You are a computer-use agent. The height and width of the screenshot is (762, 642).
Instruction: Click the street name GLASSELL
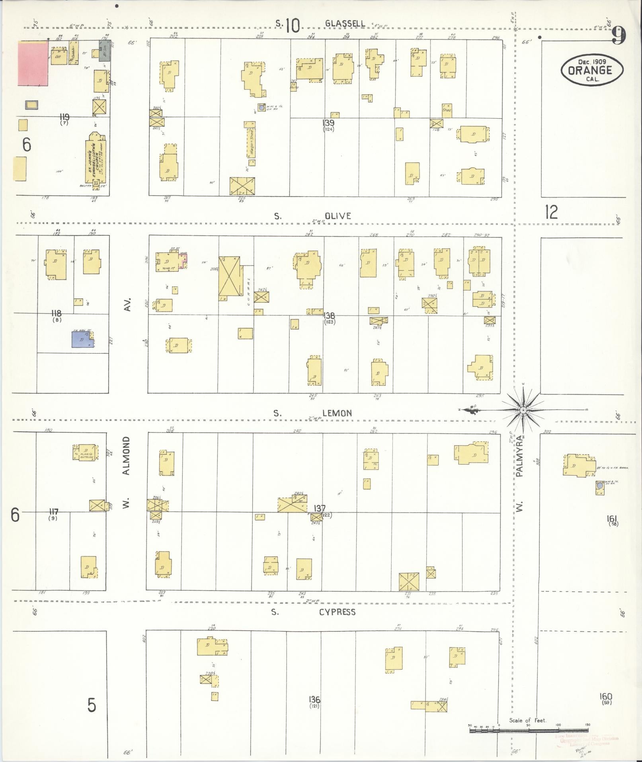coord(345,24)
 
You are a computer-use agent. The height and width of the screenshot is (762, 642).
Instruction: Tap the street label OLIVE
coord(338,216)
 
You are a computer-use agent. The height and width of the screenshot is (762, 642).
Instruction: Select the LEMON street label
coord(337,413)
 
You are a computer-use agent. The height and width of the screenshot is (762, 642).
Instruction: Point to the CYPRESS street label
coord(337,612)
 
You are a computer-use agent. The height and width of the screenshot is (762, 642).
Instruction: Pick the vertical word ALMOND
coord(127,455)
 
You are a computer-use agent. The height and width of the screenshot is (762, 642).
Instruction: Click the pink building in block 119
coord(33,63)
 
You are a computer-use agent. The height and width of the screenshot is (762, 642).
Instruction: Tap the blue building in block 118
coord(82,339)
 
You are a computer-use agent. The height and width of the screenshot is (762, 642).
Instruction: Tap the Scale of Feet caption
coord(528,720)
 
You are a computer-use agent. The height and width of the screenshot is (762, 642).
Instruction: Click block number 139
coord(329,123)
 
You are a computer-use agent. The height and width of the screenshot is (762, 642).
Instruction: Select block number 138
coord(329,315)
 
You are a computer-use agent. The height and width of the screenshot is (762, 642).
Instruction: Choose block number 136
coord(314,699)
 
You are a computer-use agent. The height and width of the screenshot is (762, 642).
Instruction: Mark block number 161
coord(612,518)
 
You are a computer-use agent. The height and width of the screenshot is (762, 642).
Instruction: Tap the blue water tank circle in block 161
coord(599,486)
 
